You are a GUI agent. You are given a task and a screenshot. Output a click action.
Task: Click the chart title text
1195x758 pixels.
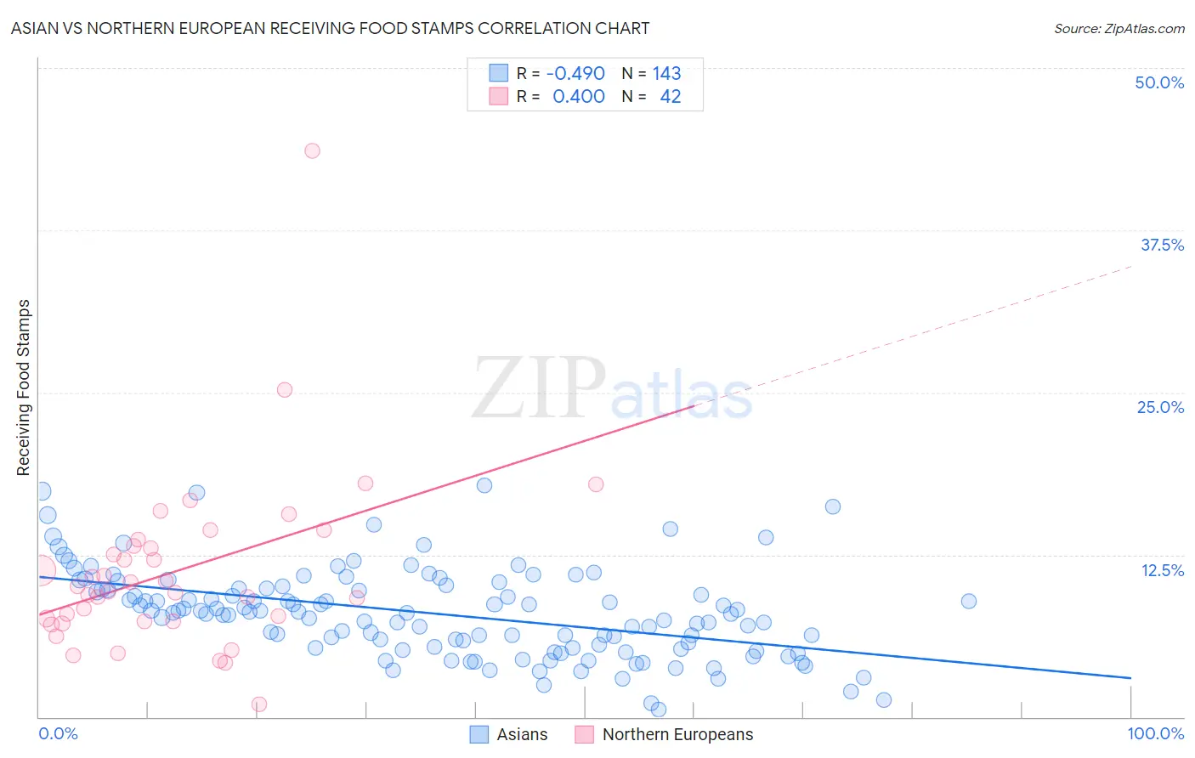click(x=330, y=29)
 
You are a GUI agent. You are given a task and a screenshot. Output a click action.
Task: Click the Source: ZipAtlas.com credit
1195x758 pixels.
click(x=1119, y=29)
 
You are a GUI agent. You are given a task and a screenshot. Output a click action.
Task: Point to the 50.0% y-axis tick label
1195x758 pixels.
click(x=1158, y=82)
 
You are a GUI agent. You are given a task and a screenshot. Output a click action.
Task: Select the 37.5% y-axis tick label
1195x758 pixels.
click(x=1161, y=245)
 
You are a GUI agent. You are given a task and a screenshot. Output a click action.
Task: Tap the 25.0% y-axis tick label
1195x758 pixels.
click(x=1159, y=407)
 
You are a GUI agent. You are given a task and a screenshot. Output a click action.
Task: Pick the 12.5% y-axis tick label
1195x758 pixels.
click(x=1161, y=570)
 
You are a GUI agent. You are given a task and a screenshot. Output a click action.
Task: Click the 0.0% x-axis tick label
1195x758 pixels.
click(x=58, y=733)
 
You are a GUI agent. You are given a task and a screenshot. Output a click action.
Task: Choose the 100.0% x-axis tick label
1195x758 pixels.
click(x=1155, y=733)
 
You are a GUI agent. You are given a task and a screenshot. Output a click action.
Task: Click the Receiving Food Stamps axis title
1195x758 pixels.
click(x=24, y=387)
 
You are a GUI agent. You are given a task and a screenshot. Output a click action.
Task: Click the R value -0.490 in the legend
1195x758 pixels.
click(x=575, y=74)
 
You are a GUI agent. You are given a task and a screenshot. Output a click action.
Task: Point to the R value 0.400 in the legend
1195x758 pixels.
click(x=578, y=97)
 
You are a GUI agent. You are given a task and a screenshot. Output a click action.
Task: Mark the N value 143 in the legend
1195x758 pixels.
click(x=666, y=74)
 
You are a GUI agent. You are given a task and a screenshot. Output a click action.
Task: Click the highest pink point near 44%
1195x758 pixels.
click(x=312, y=150)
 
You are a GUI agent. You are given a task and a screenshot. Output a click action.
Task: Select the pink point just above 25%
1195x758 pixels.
click(x=285, y=390)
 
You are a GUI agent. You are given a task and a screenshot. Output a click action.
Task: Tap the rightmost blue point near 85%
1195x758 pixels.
click(x=968, y=601)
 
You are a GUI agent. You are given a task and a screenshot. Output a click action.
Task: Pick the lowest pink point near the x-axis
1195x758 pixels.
click(x=259, y=704)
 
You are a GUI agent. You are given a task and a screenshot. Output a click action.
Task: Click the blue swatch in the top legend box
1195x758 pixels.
click(x=498, y=74)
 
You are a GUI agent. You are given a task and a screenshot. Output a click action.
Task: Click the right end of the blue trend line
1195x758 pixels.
click(x=1130, y=677)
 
